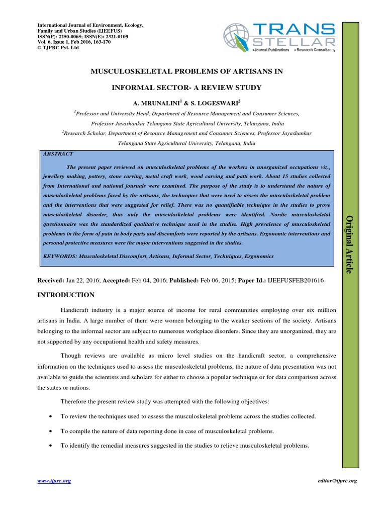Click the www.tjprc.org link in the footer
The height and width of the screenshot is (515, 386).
(54, 481)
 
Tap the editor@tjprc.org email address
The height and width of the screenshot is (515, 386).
(338, 481)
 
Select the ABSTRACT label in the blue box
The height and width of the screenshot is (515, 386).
(58, 154)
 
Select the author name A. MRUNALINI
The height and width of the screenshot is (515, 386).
(158, 102)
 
